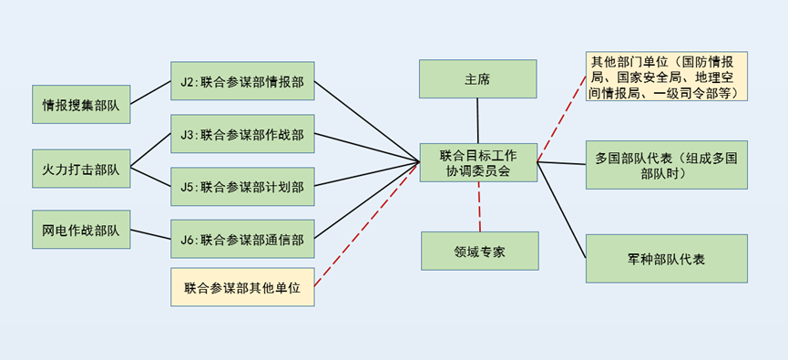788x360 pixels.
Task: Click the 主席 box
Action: click(477, 78)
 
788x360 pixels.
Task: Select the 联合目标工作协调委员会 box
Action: click(478, 161)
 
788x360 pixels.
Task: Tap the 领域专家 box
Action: click(479, 251)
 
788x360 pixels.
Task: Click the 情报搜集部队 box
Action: click(81, 105)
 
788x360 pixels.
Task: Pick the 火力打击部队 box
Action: click(81, 168)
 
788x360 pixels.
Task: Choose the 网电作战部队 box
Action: click(81, 230)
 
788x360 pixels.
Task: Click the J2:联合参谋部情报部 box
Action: click(242, 81)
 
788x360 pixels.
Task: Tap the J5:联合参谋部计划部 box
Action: click(242, 186)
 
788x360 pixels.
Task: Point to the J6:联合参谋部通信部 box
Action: click(242, 239)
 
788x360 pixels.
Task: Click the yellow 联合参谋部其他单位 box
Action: click(242, 287)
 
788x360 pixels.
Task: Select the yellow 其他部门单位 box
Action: click(667, 77)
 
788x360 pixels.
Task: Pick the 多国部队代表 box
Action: click(666, 164)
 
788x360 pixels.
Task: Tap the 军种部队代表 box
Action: click(666, 259)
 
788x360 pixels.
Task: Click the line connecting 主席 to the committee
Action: click(477, 119)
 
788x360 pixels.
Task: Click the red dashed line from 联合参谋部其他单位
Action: click(364, 228)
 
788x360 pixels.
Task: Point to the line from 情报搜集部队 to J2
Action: click(150, 93)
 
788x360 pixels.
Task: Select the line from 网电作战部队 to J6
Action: click(150, 233)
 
